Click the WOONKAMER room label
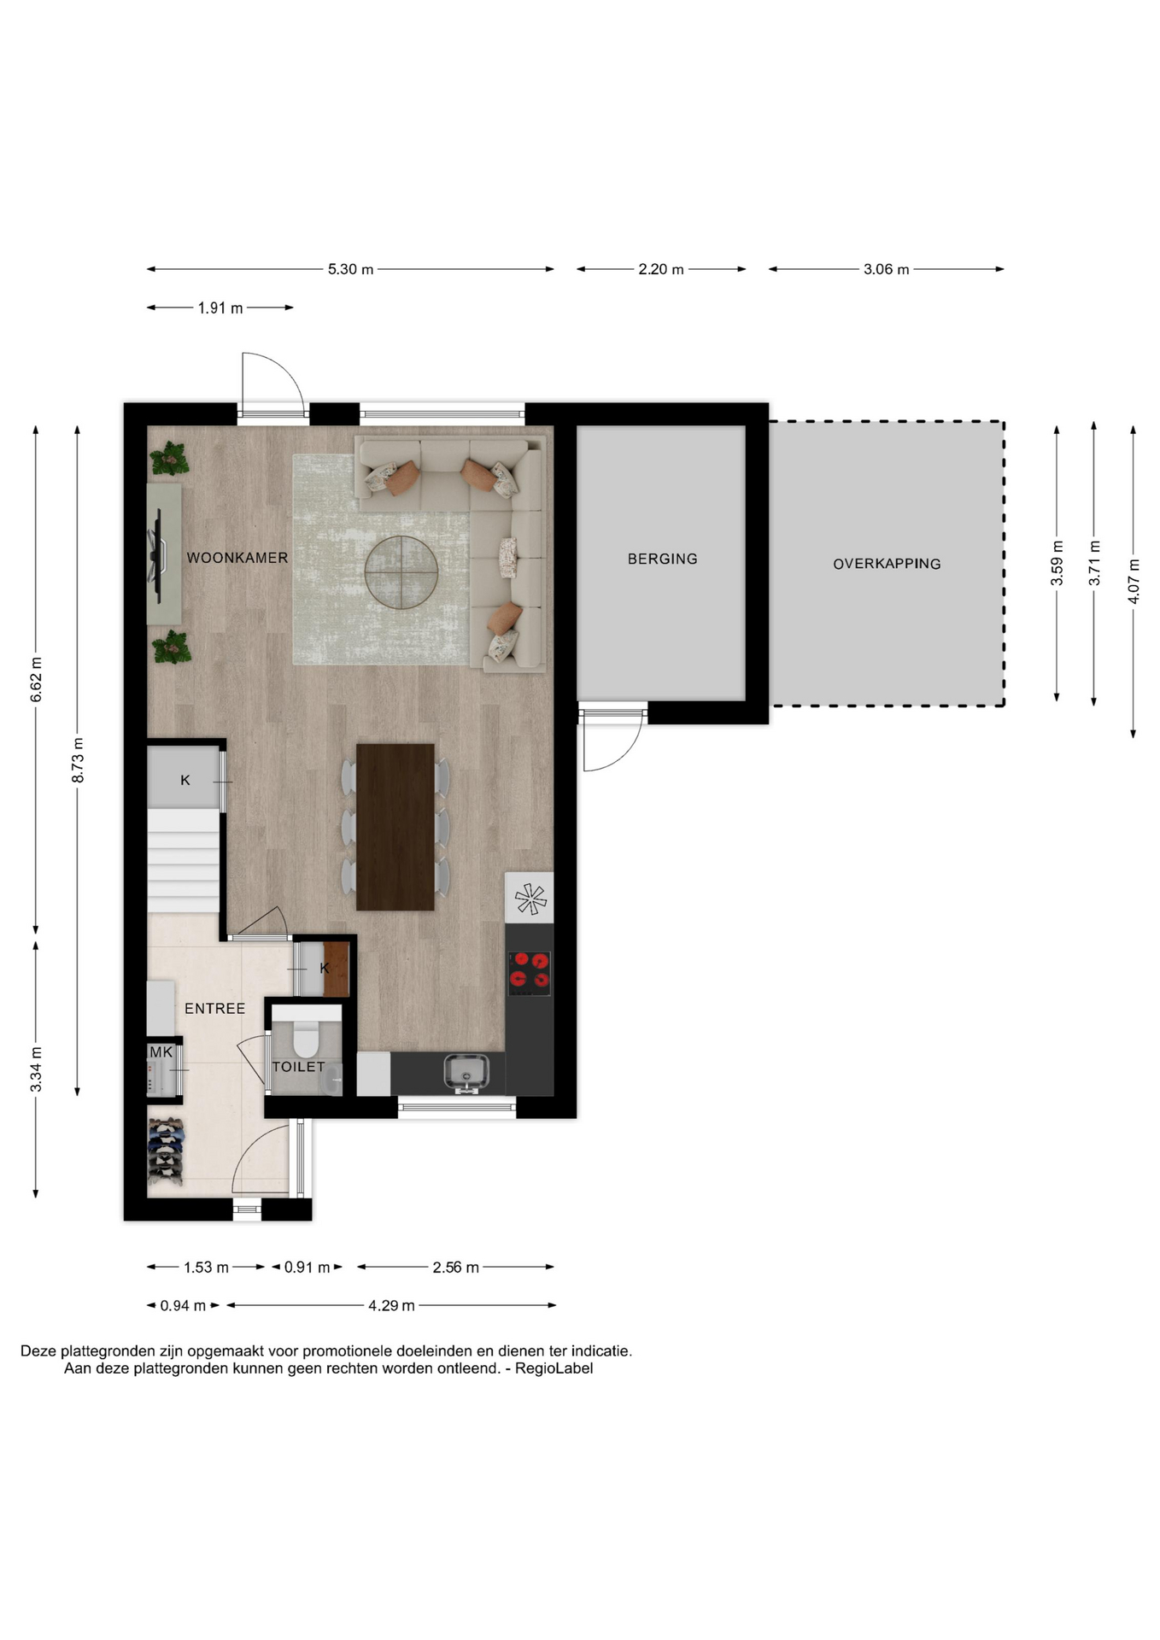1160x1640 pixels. click(237, 558)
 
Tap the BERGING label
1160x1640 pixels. click(663, 559)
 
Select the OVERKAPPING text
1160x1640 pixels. click(887, 564)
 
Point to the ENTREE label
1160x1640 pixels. click(215, 1009)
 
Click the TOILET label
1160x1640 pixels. click(299, 1067)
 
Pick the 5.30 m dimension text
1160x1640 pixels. click(351, 269)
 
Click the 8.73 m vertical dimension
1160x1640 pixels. click(78, 760)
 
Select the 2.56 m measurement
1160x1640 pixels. click(455, 1268)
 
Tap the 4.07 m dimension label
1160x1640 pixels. click(1134, 581)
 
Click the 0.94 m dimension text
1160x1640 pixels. click(183, 1306)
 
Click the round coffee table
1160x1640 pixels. click(401, 572)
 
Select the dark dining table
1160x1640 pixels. click(395, 827)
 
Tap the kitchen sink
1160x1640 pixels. click(466, 1073)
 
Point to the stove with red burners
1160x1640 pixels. click(530, 972)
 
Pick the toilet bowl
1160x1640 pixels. click(305, 1036)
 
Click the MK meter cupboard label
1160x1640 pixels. click(161, 1052)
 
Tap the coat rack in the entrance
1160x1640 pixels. click(166, 1151)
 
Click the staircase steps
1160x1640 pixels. click(184, 861)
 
